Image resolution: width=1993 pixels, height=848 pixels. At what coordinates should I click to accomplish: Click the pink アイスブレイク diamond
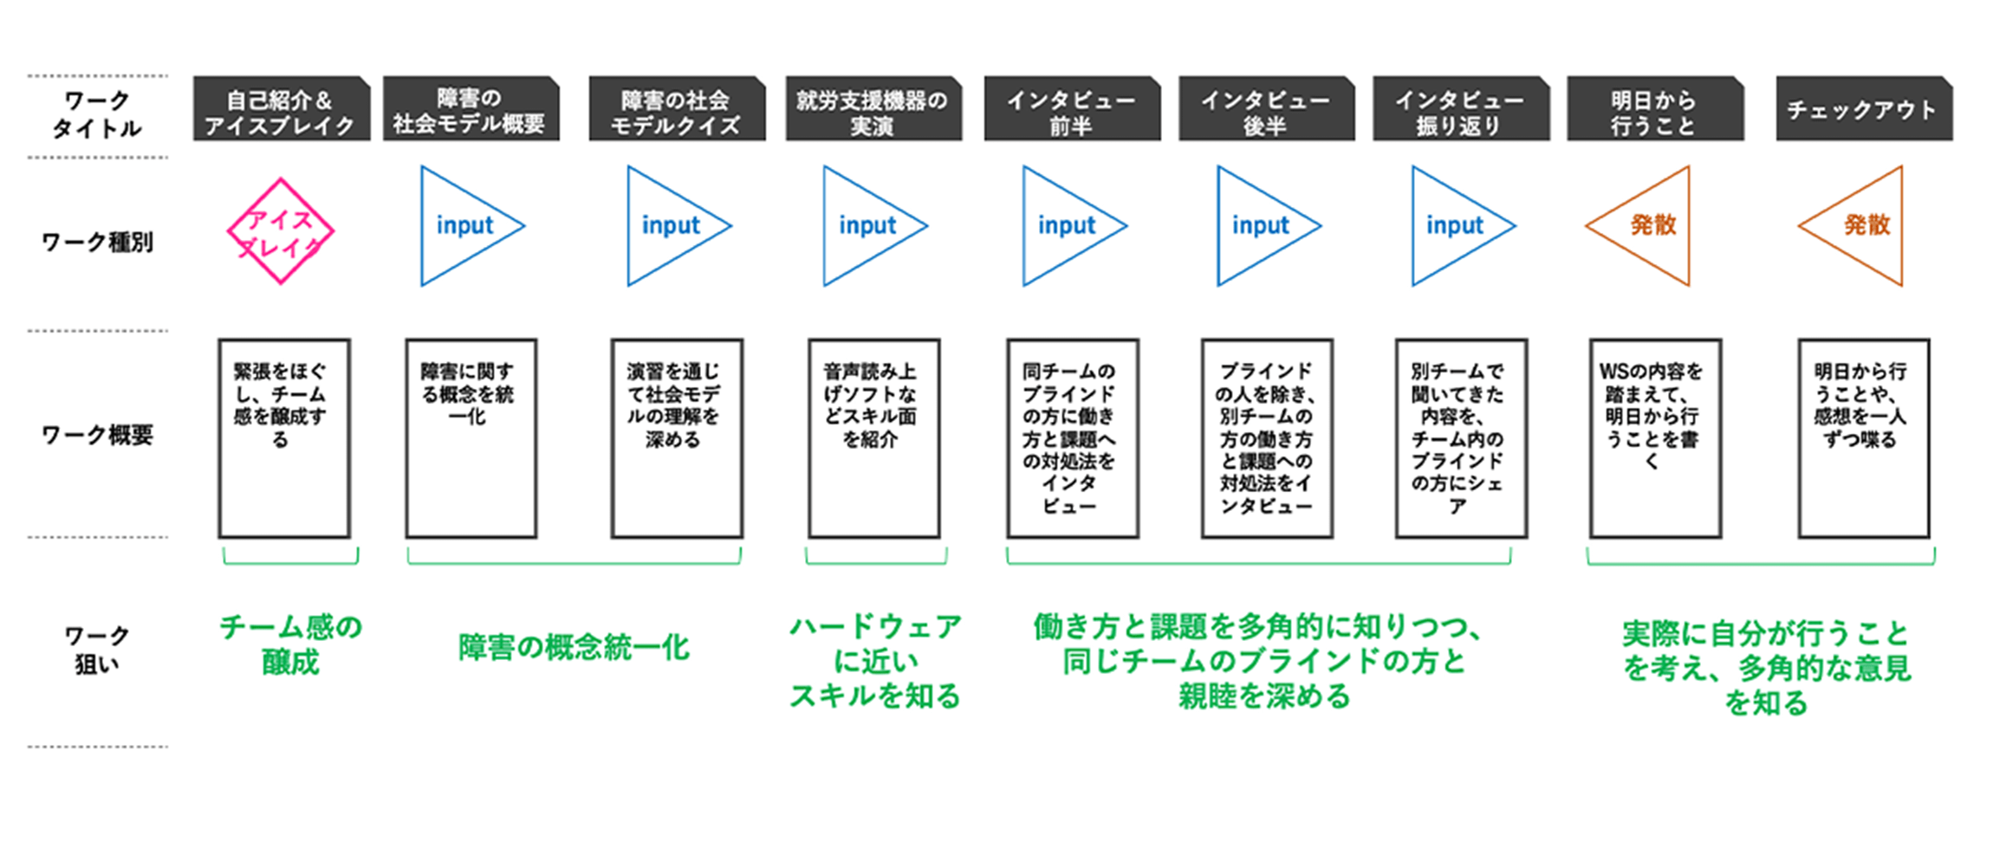[x=280, y=231]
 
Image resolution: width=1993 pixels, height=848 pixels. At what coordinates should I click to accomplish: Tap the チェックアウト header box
[x=1863, y=109]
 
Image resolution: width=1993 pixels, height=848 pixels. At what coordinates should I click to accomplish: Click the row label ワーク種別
[x=97, y=242]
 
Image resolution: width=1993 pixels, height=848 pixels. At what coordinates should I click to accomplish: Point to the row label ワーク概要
[x=97, y=435]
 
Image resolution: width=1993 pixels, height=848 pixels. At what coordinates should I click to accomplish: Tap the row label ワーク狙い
[x=97, y=650]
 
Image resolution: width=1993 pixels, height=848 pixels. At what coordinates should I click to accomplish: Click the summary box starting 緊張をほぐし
[x=284, y=438]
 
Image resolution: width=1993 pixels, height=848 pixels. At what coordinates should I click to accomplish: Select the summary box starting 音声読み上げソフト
[x=873, y=438]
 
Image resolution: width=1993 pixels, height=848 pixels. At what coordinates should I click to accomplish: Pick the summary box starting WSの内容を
[x=1654, y=438]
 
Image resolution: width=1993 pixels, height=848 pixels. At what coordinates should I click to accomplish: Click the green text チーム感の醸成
[x=290, y=644]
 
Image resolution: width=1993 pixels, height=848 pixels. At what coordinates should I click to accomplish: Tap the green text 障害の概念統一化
[x=574, y=648]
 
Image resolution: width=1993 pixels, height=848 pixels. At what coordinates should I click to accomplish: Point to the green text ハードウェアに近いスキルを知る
[x=875, y=661]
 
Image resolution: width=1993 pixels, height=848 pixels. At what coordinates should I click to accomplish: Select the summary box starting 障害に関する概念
[x=471, y=438]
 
